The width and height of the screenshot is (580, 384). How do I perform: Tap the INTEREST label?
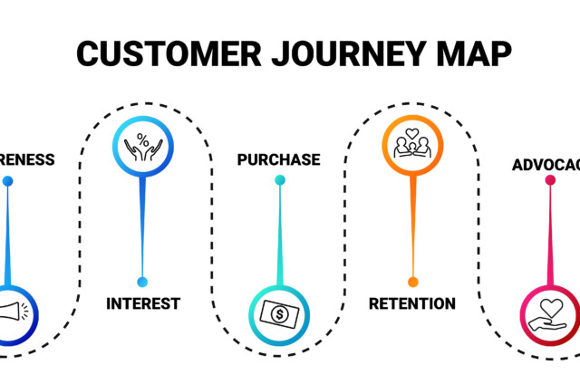143,302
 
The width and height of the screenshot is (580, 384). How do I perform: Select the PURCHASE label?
278,159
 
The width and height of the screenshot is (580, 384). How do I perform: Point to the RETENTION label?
411,302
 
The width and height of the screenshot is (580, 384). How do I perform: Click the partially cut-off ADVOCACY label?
545,165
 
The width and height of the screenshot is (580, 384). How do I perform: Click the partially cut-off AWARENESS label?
27,159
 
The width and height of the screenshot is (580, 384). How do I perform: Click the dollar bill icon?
278,313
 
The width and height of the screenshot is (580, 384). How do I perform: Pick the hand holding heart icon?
549,313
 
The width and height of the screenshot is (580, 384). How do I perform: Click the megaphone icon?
13,313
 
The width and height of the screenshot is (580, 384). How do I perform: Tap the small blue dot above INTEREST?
141,281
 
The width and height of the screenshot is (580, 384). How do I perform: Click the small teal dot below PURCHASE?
279,179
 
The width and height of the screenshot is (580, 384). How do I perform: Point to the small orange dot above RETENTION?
413,281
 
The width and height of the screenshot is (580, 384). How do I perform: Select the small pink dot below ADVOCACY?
550,180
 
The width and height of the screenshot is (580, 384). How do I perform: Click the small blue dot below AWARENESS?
8,180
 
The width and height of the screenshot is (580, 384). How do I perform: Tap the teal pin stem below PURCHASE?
279,235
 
